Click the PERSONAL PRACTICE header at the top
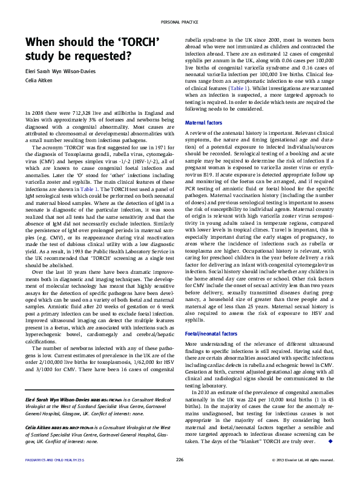(x=180, y=22)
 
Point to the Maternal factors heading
(x=204, y=123)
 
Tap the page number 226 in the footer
(x=180, y=459)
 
